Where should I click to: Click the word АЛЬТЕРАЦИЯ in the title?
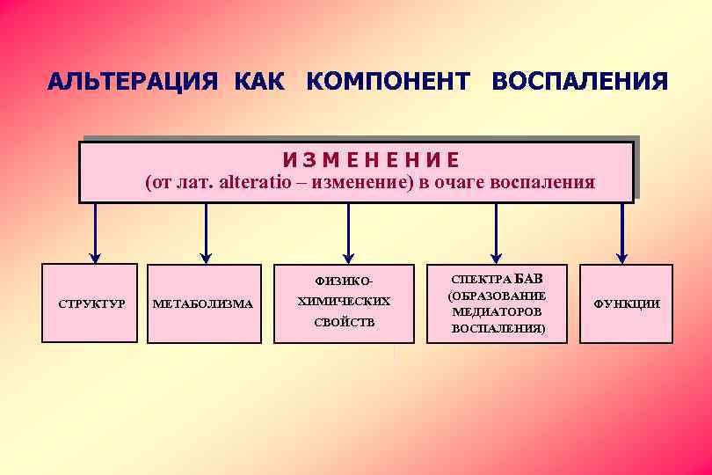133,83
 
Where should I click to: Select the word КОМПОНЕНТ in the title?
388,83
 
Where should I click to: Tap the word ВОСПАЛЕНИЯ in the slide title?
580,83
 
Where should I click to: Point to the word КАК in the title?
259,83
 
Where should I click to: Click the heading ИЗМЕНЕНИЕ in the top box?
370,160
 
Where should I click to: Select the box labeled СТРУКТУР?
90,303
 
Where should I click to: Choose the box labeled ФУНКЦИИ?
627,303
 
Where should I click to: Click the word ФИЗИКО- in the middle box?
345,281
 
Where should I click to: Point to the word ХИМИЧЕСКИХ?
344,301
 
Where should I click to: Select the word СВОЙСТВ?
345,322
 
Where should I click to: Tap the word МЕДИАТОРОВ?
498,311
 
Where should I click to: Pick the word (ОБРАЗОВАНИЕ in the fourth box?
497,296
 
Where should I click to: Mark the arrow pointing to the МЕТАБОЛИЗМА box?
206,233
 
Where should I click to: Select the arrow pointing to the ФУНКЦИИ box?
621,233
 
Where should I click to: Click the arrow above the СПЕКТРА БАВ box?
497,233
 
